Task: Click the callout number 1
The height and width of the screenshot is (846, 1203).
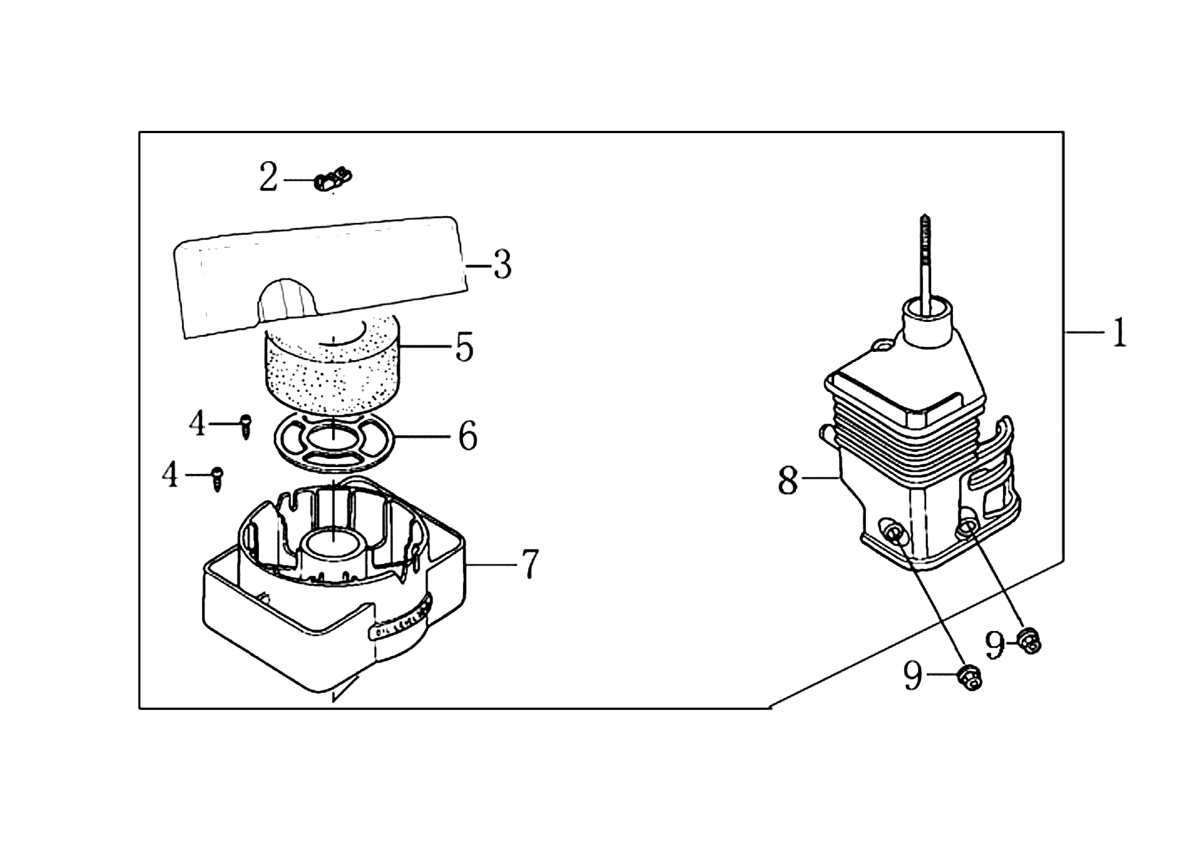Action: click(1119, 332)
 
